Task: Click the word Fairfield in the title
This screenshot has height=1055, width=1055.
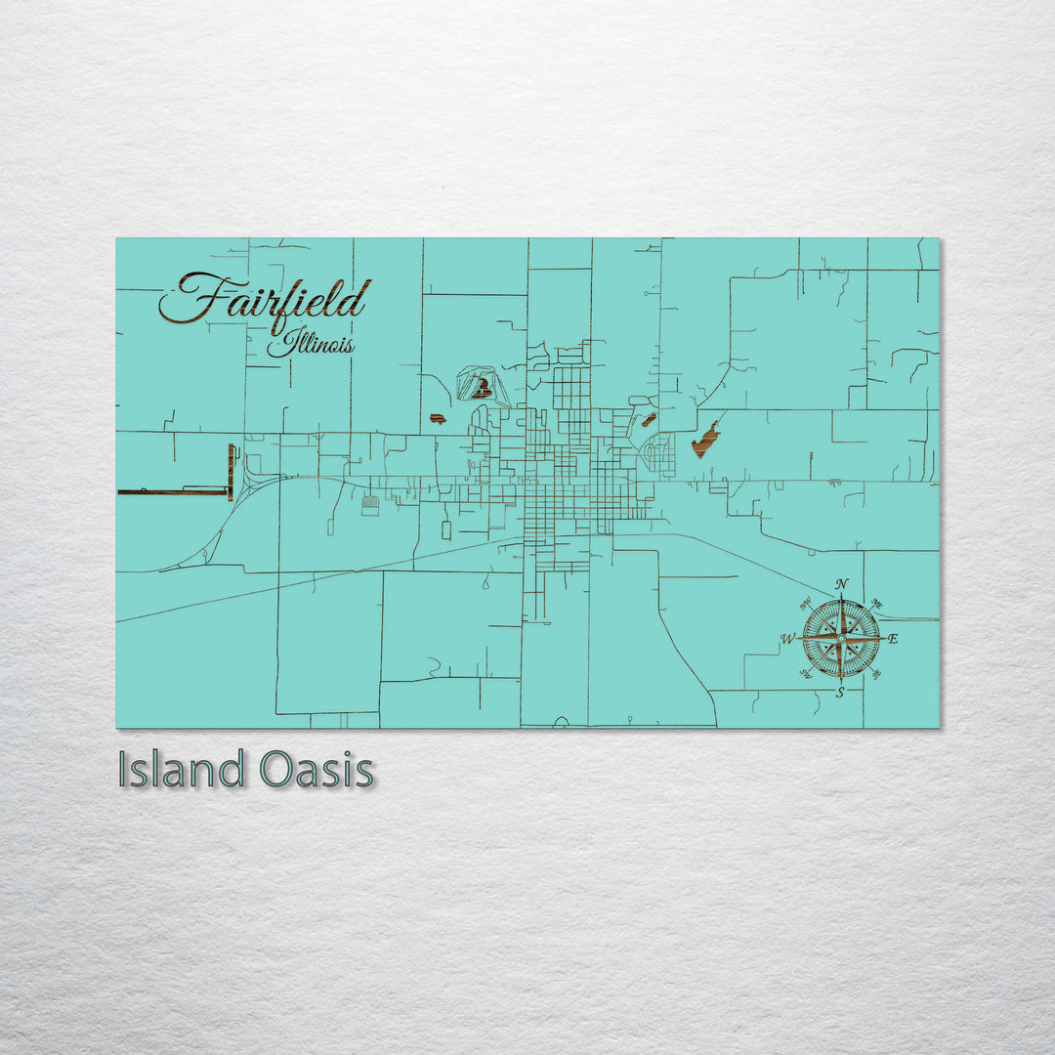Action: pyautogui.click(x=266, y=301)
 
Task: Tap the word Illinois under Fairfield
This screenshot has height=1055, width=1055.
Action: pyautogui.click(x=312, y=345)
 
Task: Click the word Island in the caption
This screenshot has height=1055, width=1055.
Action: pyautogui.click(x=181, y=770)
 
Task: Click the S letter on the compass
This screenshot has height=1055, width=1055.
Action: pyautogui.click(x=840, y=692)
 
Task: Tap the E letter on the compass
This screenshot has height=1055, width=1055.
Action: pyautogui.click(x=893, y=639)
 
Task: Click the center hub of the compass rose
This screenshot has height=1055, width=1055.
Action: pyautogui.click(x=840, y=639)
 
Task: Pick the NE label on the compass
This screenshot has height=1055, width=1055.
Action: pyautogui.click(x=876, y=604)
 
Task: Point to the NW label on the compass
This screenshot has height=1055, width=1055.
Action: pyautogui.click(x=806, y=604)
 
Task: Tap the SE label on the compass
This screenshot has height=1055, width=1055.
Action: pyautogui.click(x=875, y=674)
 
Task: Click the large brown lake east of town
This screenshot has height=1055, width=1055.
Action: pyautogui.click(x=705, y=441)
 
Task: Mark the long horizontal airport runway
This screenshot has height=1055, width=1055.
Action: pyautogui.click(x=174, y=491)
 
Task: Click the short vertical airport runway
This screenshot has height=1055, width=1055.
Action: pyautogui.click(x=231, y=471)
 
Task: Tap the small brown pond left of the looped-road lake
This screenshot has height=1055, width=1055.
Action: pyautogui.click(x=437, y=419)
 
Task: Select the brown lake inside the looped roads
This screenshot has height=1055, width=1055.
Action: pyautogui.click(x=480, y=390)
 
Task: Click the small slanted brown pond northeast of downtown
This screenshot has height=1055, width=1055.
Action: pyautogui.click(x=648, y=421)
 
